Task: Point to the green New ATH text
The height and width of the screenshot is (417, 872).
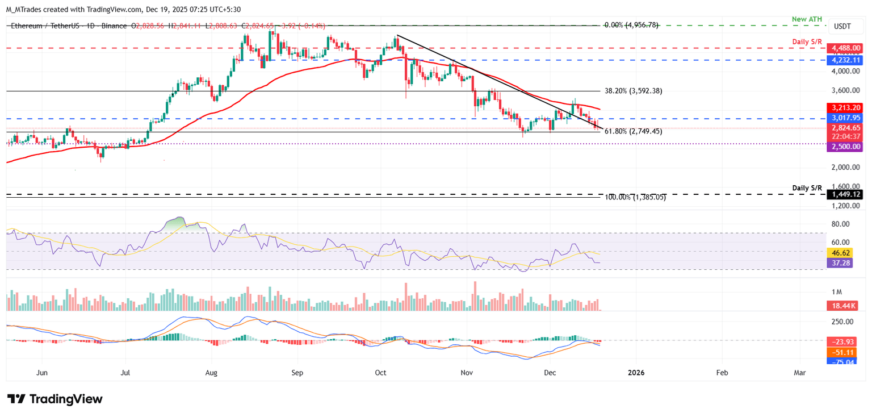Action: pyautogui.click(x=807, y=19)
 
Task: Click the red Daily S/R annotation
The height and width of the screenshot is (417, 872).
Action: pyautogui.click(x=807, y=42)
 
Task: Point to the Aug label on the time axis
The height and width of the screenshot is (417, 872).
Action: pyautogui.click(x=211, y=373)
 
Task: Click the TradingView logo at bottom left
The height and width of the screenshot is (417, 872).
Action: pyautogui.click(x=55, y=399)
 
